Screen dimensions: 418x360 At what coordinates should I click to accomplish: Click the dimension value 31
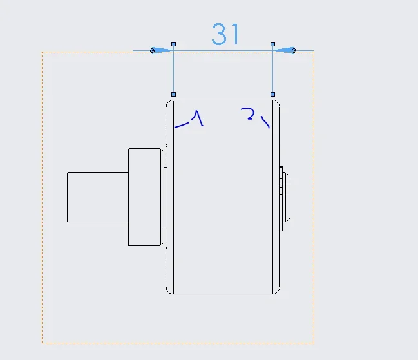[x=225, y=34]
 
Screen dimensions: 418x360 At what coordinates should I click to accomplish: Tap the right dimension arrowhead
[x=284, y=50]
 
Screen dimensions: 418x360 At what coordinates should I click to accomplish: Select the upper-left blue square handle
[x=173, y=44]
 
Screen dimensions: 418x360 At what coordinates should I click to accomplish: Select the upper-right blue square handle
[x=272, y=44]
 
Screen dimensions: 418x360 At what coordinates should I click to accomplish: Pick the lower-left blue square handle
[x=173, y=94]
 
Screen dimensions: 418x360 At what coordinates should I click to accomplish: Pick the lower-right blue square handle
[x=272, y=94]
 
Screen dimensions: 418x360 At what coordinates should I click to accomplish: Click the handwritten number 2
[x=248, y=114]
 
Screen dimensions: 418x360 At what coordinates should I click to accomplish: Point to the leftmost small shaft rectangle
[x=98, y=197]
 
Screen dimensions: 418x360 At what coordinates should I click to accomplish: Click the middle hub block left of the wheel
[x=146, y=197]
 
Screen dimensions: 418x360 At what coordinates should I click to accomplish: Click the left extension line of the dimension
[x=173, y=70]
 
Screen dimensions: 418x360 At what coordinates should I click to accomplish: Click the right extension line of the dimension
[x=272, y=70]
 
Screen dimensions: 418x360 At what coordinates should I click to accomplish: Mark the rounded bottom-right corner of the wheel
[x=278, y=292]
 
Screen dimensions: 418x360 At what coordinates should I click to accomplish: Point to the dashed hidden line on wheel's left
[x=167, y=197]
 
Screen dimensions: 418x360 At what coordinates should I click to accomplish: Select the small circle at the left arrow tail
[x=152, y=50]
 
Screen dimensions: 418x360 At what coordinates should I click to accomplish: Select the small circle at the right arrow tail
[x=294, y=50]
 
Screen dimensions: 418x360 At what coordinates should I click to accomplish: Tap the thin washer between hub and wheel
[x=166, y=197]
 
